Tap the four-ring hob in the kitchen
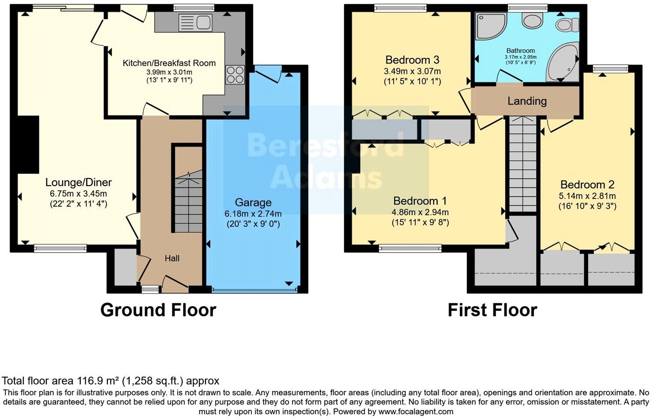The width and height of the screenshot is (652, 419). click(235, 75)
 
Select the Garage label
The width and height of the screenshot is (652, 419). click(253, 202)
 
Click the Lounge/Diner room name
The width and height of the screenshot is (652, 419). click(78, 182)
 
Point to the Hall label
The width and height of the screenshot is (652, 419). click(172, 258)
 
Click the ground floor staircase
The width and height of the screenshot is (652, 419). click(188, 202)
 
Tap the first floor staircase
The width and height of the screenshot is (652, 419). click(522, 163)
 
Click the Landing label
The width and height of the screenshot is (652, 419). click(527, 101)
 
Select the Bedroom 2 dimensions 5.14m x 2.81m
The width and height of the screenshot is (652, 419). click(587, 196)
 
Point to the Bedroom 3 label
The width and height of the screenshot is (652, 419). click(412, 60)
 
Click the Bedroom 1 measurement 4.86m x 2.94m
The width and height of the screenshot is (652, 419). click(420, 212)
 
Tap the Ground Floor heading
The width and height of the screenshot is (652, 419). click(158, 310)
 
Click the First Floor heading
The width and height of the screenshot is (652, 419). click(492, 310)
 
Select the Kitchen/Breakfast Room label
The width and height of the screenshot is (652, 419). click(169, 63)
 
